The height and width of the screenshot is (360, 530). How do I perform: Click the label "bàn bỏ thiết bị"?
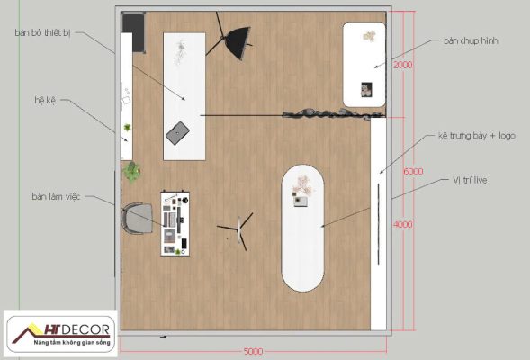(x=43, y=33)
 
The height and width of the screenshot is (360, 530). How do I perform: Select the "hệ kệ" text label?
(x=45, y=101)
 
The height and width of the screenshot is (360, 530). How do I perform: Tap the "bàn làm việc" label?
(x=56, y=196)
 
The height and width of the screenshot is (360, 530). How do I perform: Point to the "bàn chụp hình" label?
(x=471, y=40)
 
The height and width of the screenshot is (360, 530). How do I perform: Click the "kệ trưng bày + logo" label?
(x=477, y=136)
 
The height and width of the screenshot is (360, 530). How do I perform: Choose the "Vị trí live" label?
(x=470, y=180)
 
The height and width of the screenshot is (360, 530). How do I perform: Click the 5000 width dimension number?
(x=253, y=352)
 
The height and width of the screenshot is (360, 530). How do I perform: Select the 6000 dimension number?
(x=413, y=171)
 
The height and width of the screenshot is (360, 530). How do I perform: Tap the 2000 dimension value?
(x=402, y=65)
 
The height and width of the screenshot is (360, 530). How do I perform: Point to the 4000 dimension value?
(x=402, y=224)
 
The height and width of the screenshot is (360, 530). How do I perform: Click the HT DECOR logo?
(x=61, y=334)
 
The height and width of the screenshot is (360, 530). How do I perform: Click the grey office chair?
(x=137, y=219)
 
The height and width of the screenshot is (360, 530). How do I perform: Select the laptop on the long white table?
(x=177, y=133)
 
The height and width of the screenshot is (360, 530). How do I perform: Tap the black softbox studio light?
(x=238, y=43)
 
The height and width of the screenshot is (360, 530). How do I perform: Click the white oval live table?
(x=302, y=229)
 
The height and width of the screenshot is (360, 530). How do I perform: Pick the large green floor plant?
(x=131, y=172)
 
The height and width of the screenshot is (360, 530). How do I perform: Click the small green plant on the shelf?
(x=128, y=128)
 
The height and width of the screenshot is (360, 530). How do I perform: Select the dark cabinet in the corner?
(x=134, y=32)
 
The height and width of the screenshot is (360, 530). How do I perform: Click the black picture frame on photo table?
(x=366, y=90)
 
